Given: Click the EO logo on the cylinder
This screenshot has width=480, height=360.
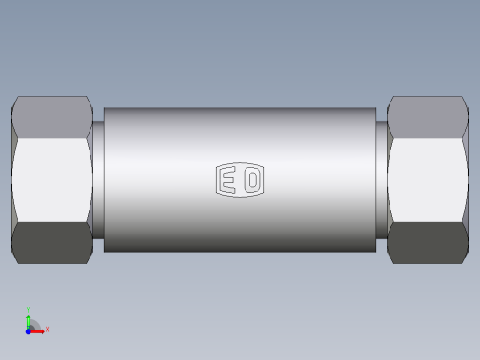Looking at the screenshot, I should click(240, 180).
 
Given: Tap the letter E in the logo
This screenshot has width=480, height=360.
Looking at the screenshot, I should click(227, 180).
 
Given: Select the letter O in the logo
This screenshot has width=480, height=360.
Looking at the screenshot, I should click(252, 180).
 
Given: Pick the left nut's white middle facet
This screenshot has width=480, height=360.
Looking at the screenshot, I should click(52, 180).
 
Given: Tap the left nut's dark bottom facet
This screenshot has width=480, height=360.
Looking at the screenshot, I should click(51, 242).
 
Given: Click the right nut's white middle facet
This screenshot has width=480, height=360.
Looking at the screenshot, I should click(427, 180).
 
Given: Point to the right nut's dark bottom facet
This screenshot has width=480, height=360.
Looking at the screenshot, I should click(427, 242).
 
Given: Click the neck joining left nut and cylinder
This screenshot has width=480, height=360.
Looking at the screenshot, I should click(98, 180).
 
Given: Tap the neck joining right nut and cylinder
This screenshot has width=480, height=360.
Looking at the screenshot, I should click(381, 180).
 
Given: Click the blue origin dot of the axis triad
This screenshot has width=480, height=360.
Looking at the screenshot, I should click(29, 330).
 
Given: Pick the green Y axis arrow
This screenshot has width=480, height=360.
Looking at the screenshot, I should click(29, 319).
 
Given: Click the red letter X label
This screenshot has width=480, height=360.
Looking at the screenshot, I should click(47, 329).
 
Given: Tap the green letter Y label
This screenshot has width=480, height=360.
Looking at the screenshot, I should click(29, 311).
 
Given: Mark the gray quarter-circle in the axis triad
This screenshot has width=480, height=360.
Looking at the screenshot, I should click(33, 325).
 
